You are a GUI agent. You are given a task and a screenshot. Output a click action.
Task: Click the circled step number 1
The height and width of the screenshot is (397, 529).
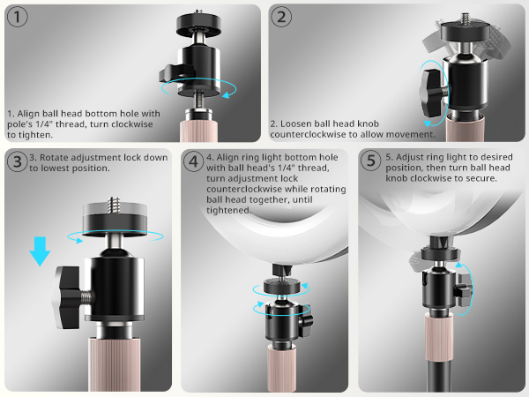[19, 18]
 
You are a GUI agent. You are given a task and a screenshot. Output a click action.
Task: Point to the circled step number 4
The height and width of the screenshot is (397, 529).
[194, 162]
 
